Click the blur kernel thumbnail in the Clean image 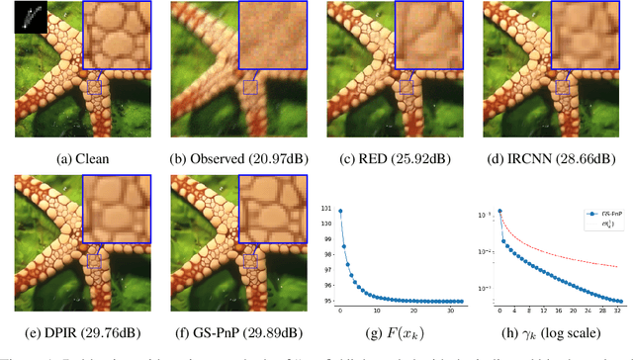(x=32, y=17)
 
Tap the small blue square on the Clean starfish (x=94, y=87)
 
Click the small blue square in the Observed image (x=250, y=87)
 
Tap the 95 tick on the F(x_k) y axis (x=329, y=301)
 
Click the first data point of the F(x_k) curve (x=340, y=211)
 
